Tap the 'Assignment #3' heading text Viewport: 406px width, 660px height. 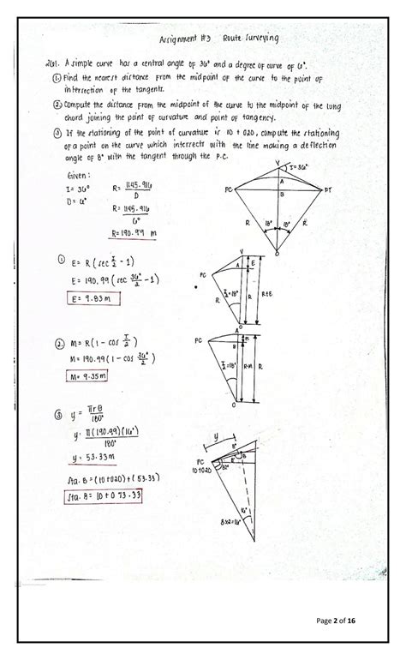point(191,39)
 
